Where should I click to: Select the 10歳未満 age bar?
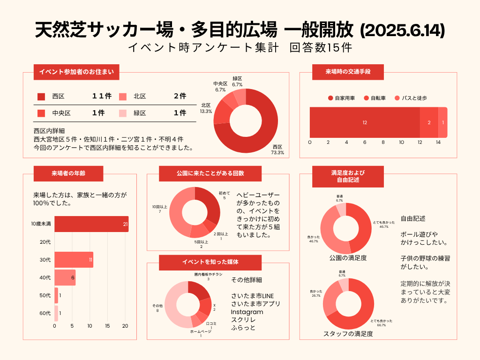pyautogui.click(x=91, y=224)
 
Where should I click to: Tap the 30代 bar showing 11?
pyautogui.click(x=74, y=260)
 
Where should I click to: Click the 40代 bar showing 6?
pyautogui.click(x=65, y=277)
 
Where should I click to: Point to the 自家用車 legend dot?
pyautogui.click(x=330, y=98)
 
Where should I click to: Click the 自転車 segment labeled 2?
pyautogui.click(x=429, y=122)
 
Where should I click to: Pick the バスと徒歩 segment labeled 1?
pyautogui.click(x=443, y=122)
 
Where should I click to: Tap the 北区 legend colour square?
pyautogui.click(x=123, y=97)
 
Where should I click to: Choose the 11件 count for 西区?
pyautogui.click(x=102, y=96)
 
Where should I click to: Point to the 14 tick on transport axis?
pyautogui.click(x=438, y=142)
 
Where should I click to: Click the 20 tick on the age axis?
pyautogui.click(x=125, y=326)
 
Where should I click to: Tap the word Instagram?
pyautogui.click(x=247, y=312)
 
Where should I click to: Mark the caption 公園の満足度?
pyautogui.click(x=348, y=258)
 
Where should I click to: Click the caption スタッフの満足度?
pyautogui.click(x=348, y=334)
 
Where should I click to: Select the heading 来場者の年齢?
pyautogui.click(x=68, y=173)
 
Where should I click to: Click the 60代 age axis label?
pyautogui.click(x=45, y=313)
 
